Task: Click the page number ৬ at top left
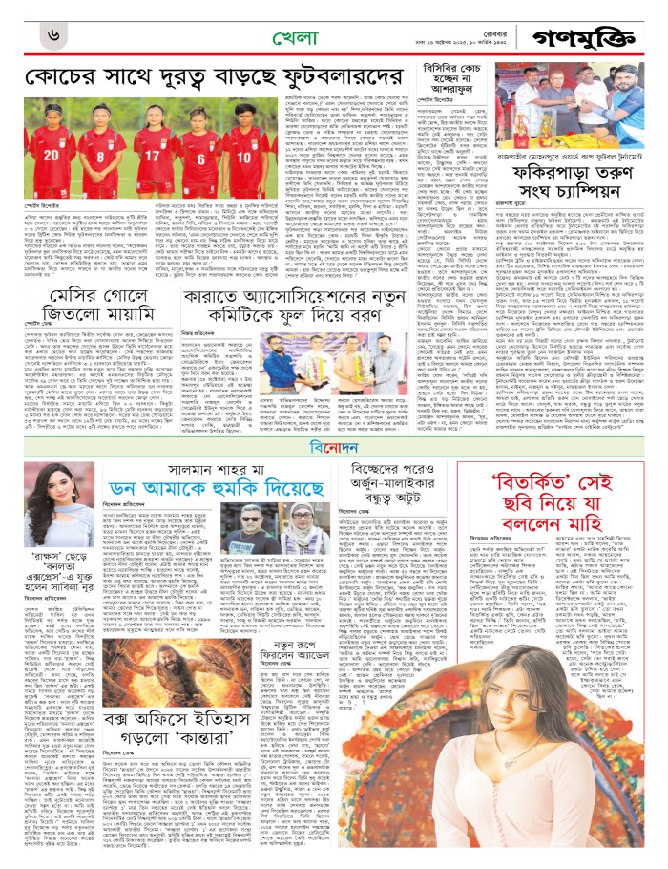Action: coord(55,37)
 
